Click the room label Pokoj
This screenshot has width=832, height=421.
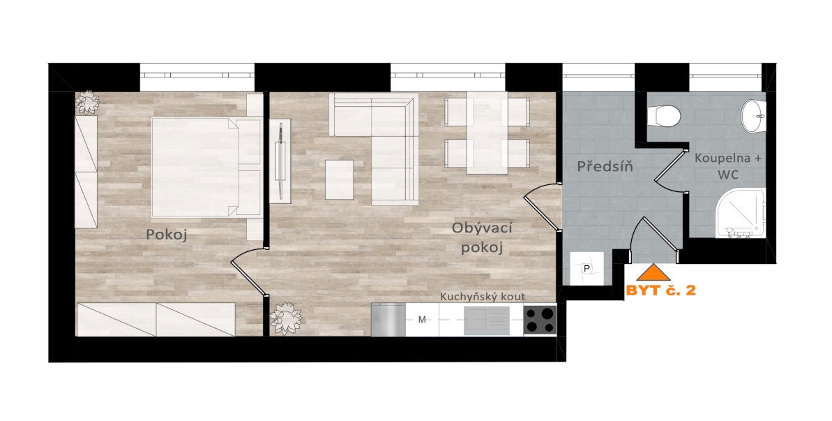click(x=167, y=235)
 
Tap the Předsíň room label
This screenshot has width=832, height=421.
click(x=605, y=167)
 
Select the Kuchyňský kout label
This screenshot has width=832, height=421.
click(x=483, y=297)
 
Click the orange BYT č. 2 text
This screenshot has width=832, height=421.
click(x=660, y=290)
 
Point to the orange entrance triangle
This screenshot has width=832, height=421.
click(x=653, y=272)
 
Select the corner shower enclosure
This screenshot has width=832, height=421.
click(x=740, y=214)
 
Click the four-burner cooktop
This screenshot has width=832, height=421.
click(x=540, y=320)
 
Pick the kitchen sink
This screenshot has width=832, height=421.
click(x=487, y=320)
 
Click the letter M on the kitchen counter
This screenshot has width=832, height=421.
click(x=423, y=320)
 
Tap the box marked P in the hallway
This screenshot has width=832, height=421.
click(x=587, y=268)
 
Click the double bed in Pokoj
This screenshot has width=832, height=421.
click(x=206, y=168)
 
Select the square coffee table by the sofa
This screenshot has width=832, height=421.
click(x=339, y=179)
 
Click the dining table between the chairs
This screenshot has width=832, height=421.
click(x=487, y=133)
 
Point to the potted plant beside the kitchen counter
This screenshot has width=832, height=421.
click(x=285, y=318)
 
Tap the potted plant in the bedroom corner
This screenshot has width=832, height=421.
click(x=87, y=103)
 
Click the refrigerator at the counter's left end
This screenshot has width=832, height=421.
click(x=388, y=320)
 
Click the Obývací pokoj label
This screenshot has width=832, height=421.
click(x=482, y=237)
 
